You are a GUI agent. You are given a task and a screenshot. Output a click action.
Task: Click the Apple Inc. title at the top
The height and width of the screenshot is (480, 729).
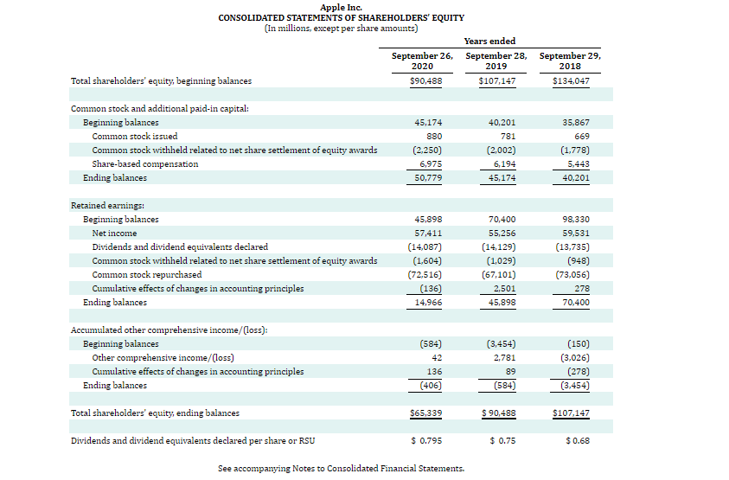341,7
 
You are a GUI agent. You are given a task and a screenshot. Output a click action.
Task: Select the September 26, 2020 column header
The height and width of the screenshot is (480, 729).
423,61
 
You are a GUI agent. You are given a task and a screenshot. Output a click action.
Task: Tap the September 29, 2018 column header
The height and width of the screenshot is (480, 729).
570,61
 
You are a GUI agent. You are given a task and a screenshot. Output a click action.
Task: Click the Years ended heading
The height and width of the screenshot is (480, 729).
489,41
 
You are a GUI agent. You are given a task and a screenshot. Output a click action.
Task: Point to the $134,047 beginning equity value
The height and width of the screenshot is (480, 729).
571,81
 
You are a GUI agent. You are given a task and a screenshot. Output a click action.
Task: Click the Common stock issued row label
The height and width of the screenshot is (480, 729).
135,137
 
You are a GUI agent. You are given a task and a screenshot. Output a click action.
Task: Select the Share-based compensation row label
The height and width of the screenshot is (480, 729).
145,164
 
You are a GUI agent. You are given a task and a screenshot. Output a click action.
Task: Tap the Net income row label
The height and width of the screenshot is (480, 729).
114,234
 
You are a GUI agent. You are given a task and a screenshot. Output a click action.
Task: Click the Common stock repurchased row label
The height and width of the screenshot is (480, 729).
147,275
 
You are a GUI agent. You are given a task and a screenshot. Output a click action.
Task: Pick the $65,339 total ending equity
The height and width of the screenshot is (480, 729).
425,413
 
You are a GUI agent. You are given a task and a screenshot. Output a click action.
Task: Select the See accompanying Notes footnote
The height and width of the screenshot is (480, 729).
341,469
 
